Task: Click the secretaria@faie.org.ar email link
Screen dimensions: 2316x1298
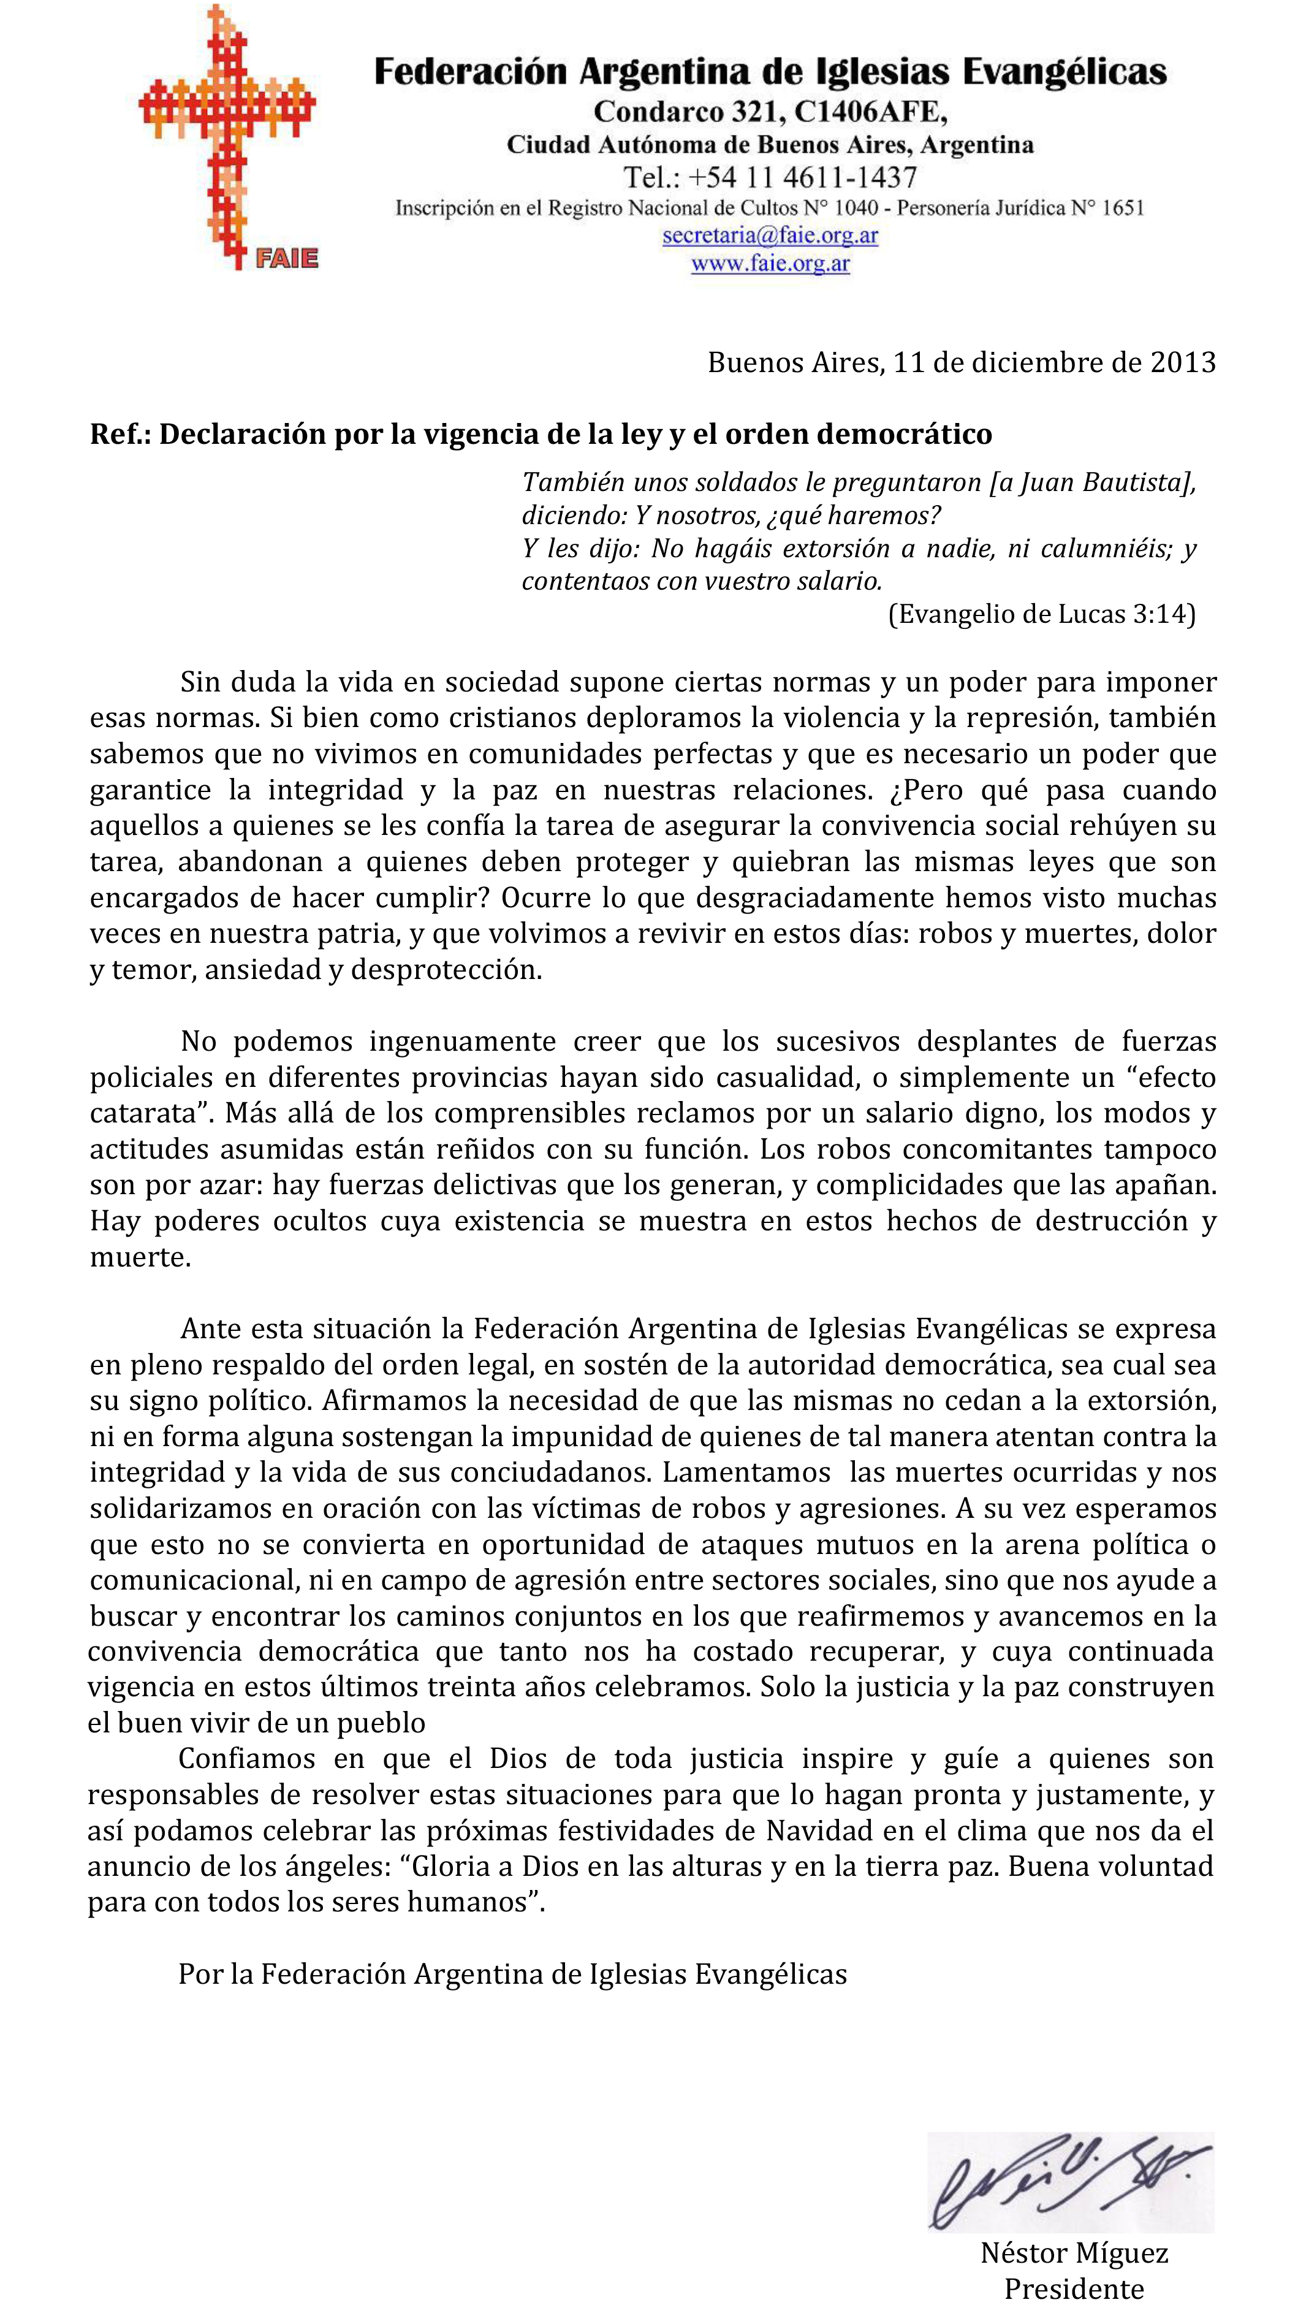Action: point(770,235)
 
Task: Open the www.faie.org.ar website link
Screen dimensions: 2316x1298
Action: point(770,264)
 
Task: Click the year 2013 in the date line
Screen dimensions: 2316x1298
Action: point(1183,362)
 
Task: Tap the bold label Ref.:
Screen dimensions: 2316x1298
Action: point(121,434)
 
